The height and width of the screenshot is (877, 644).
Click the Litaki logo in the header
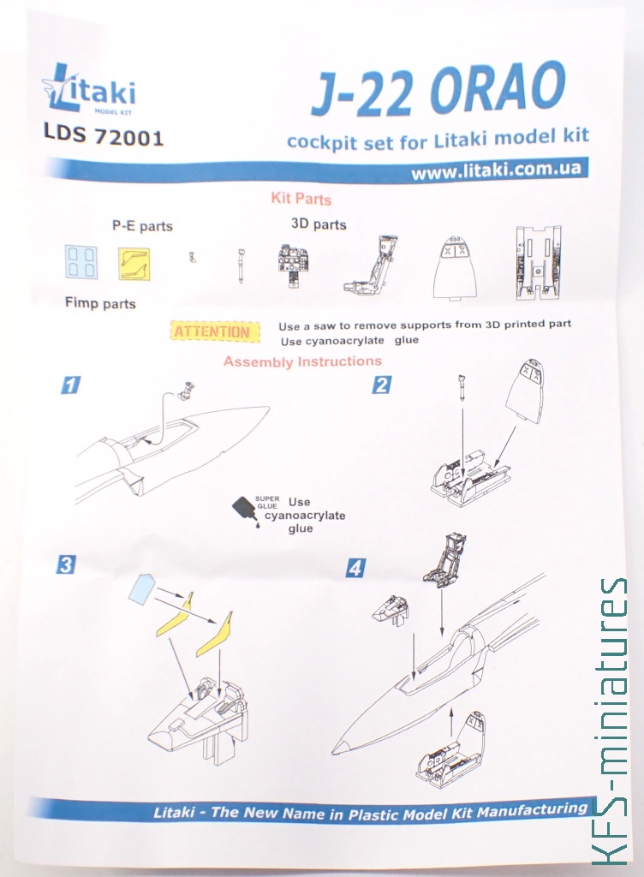(x=89, y=89)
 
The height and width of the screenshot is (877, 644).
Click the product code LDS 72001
(x=104, y=137)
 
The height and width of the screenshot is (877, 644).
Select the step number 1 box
(x=70, y=385)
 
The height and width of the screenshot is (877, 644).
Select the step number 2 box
(x=382, y=385)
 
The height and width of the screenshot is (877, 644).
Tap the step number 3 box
(x=66, y=565)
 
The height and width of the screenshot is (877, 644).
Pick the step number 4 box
(x=355, y=568)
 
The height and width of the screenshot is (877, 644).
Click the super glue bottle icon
(x=245, y=511)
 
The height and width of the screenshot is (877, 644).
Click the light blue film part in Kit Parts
(x=81, y=262)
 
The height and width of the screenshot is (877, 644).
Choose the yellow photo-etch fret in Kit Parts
(x=134, y=264)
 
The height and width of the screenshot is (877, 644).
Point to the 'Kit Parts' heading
(x=301, y=199)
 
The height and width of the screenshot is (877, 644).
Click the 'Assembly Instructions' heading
(x=302, y=361)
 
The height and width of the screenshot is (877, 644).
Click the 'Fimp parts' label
(x=101, y=304)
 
